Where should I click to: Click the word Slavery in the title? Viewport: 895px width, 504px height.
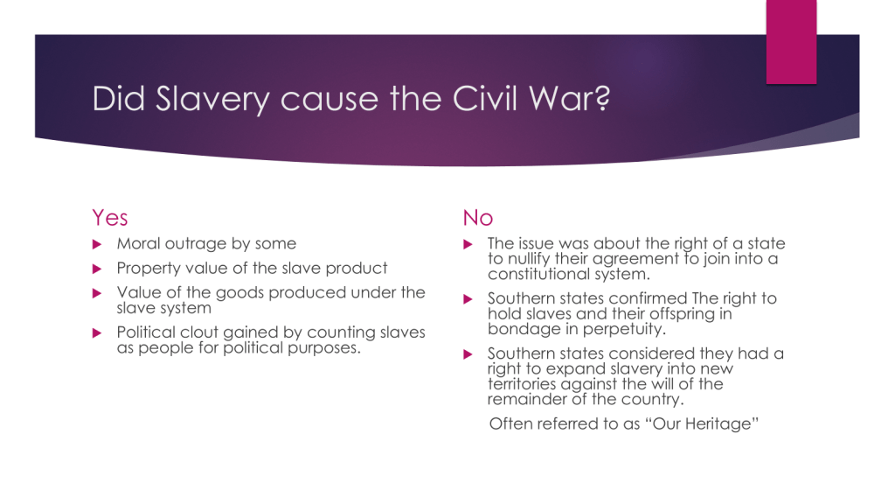(212, 100)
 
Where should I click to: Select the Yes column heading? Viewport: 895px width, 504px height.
(110, 218)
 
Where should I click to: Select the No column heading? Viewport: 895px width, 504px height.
(478, 218)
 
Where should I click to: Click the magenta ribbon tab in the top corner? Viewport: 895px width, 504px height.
(791, 42)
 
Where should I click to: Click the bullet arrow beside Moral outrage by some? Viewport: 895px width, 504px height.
(97, 245)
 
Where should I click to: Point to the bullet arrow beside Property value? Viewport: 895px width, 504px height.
(97, 269)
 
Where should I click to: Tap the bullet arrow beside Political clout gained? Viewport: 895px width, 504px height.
(97, 333)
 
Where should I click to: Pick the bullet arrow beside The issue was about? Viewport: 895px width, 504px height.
(468, 245)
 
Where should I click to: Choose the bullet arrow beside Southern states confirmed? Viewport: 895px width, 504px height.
(468, 299)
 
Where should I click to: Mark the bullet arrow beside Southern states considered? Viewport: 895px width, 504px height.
(468, 354)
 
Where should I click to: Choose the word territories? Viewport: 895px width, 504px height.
(522, 384)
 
